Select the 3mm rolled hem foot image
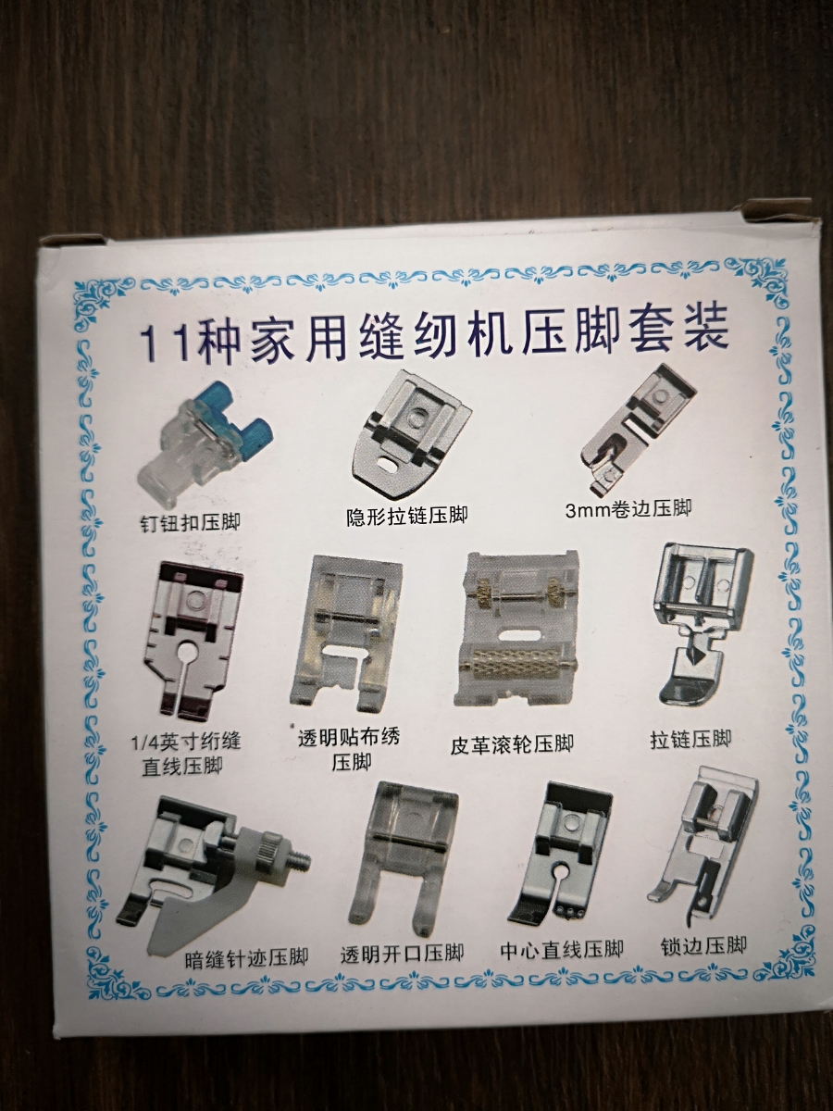click(638, 430)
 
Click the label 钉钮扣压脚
click(190, 521)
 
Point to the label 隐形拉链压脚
click(407, 516)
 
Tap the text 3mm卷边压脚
click(628, 508)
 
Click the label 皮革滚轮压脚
click(512, 743)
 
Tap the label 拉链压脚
click(690, 740)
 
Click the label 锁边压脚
click(703, 945)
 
